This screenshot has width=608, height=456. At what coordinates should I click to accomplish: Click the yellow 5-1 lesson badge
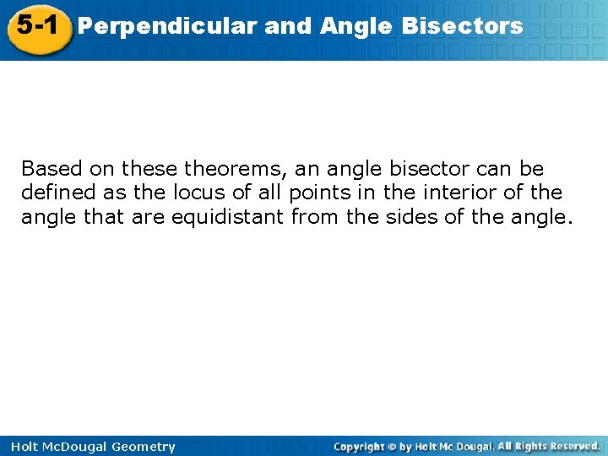(36, 26)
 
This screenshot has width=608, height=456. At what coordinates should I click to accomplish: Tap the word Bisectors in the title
(462, 26)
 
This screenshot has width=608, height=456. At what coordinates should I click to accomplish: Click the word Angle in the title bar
(356, 26)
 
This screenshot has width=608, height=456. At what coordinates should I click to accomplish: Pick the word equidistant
(228, 217)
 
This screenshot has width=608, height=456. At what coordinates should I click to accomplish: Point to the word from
(314, 217)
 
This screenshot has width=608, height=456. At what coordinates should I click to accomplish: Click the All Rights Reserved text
(549, 446)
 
